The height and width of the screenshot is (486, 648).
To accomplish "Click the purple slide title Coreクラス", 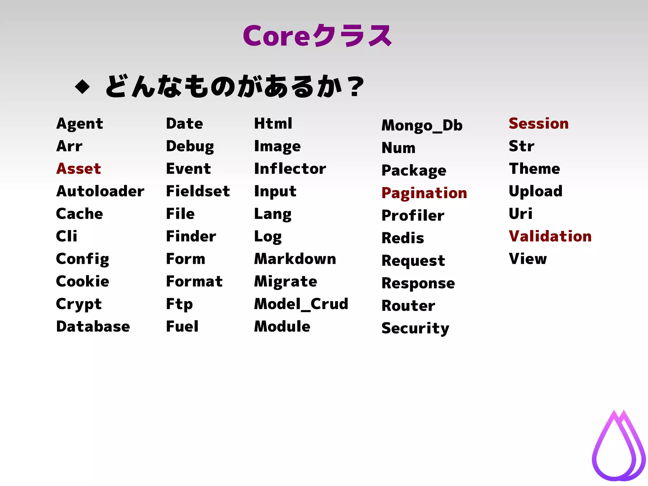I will pyautogui.click(x=317, y=35).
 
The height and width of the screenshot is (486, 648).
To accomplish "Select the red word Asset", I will pyautogui.click(x=78, y=169).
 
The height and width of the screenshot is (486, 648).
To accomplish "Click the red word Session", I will pyautogui.click(x=539, y=123).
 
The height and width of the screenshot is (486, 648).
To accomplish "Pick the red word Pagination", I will pyautogui.click(x=424, y=193).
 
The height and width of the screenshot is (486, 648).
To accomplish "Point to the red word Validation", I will pyautogui.click(x=550, y=236).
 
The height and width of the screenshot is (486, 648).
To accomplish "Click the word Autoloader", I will pyautogui.click(x=100, y=191).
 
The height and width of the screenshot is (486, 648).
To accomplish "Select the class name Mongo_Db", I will pyautogui.click(x=422, y=126).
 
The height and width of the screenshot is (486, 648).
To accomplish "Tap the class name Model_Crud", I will pyautogui.click(x=301, y=304).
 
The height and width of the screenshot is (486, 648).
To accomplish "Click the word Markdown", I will pyautogui.click(x=295, y=259).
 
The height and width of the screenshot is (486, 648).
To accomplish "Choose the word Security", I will pyautogui.click(x=415, y=328).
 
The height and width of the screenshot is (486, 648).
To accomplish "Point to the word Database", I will pyautogui.click(x=93, y=327).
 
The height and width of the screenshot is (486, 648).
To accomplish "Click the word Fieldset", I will pyautogui.click(x=198, y=191).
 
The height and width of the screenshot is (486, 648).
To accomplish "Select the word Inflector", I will pyautogui.click(x=290, y=169).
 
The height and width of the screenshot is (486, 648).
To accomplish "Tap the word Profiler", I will pyautogui.click(x=413, y=216).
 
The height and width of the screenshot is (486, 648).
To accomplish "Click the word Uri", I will pyautogui.click(x=520, y=214).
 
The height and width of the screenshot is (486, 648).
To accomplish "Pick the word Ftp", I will pyautogui.click(x=179, y=304).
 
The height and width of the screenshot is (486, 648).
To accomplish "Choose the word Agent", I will pyautogui.click(x=79, y=124).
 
